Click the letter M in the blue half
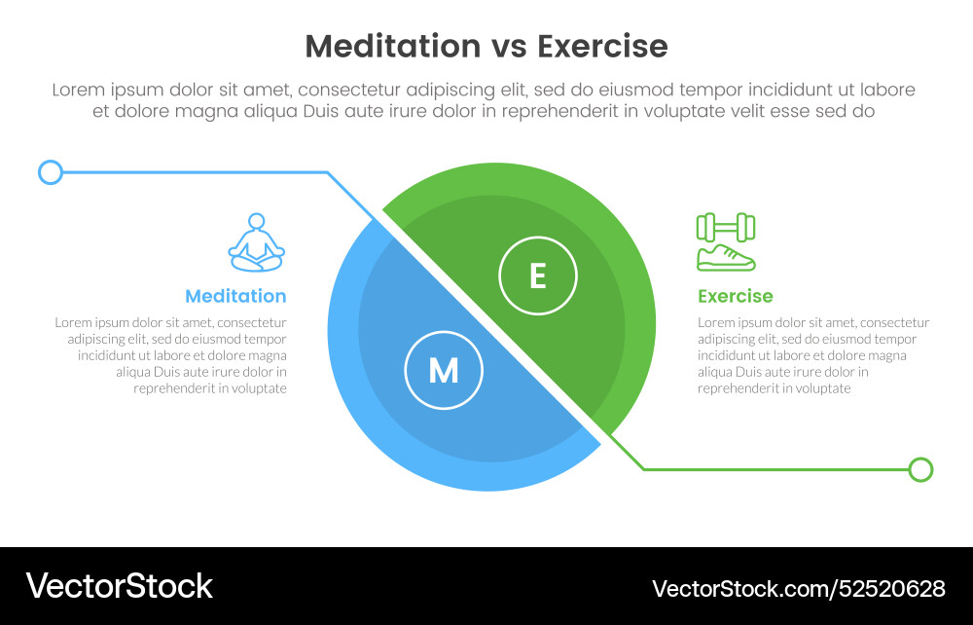[444, 370]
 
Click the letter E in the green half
[537, 276]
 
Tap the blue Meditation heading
[235, 296]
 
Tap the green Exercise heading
[735, 296]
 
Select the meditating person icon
[256, 243]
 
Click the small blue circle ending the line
[50, 173]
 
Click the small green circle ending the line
[920, 470]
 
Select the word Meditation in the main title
[392, 46]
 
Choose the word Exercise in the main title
[602, 46]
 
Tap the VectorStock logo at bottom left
[119, 585]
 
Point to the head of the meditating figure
[256, 222]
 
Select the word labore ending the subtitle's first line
[887, 90]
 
